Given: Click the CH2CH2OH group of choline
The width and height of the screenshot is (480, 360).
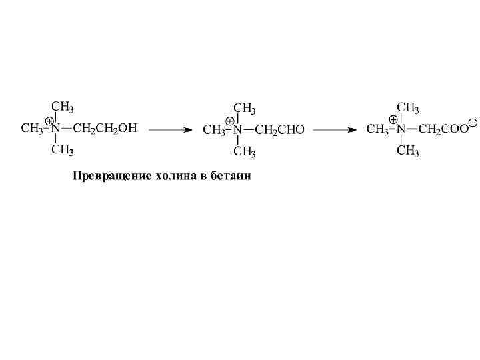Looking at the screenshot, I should pyautogui.click(x=105, y=128).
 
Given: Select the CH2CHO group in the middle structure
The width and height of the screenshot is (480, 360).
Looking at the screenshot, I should pyautogui.click(x=279, y=130).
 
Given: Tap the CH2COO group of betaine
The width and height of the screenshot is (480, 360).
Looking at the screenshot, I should pyautogui.click(x=443, y=129).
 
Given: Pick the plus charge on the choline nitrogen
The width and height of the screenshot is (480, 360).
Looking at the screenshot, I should pyautogui.click(x=49, y=121).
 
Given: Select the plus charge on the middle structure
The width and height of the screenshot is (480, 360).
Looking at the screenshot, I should pyautogui.click(x=230, y=121).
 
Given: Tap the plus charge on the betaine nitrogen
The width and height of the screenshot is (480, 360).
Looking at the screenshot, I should pyautogui.click(x=393, y=121).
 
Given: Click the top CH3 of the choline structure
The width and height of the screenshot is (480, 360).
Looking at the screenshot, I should pyautogui.click(x=63, y=107).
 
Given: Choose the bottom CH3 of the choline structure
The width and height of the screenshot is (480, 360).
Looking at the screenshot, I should pyautogui.click(x=63, y=150).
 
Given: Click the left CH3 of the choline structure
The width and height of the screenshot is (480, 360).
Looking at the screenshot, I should pyautogui.click(x=32, y=128).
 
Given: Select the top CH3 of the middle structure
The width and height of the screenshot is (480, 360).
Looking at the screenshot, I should pyautogui.click(x=245, y=108).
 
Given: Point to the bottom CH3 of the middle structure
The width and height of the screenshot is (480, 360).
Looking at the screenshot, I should pyautogui.click(x=245, y=153).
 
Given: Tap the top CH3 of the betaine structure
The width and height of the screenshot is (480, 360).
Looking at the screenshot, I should pyautogui.click(x=408, y=107).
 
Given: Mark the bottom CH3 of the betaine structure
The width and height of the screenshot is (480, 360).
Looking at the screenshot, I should pyautogui.click(x=408, y=151).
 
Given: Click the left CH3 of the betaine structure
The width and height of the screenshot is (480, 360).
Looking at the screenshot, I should pyautogui.click(x=377, y=129).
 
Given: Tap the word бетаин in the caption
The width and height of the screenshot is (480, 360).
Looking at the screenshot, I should pyautogui.click(x=231, y=177).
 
